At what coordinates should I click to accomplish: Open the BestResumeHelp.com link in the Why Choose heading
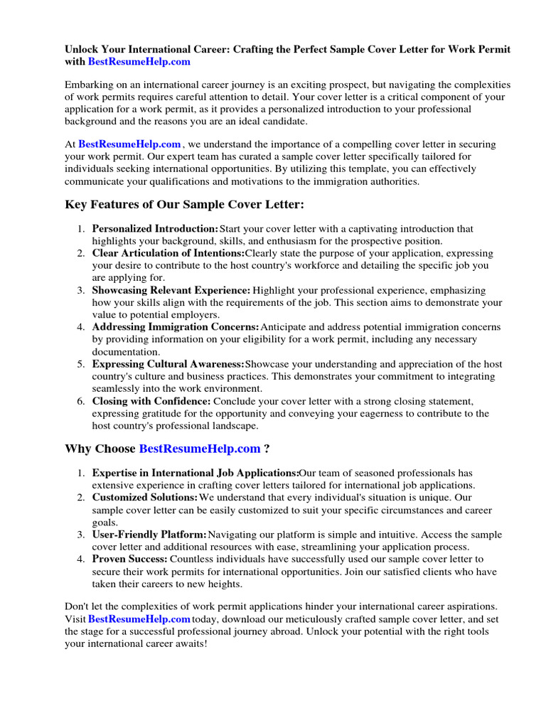pos(200,449)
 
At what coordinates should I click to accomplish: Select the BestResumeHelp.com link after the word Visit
pos(139,619)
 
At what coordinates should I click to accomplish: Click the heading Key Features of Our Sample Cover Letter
pos(184,205)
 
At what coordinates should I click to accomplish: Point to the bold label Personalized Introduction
pos(155,229)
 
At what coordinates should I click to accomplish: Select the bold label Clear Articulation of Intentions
pos(168,253)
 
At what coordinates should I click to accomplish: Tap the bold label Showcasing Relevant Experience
pos(171,290)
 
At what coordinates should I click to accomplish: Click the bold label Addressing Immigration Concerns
pos(176,327)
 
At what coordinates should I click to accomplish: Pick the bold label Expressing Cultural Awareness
pos(168,364)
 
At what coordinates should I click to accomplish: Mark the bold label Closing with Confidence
pos(151,401)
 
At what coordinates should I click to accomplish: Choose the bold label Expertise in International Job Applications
pos(196,473)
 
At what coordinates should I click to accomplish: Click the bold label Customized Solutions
pos(145,497)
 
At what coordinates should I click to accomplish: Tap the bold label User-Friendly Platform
pos(149,535)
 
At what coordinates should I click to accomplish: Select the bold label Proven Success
pos(130,560)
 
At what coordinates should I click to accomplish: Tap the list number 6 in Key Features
pos(81,401)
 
